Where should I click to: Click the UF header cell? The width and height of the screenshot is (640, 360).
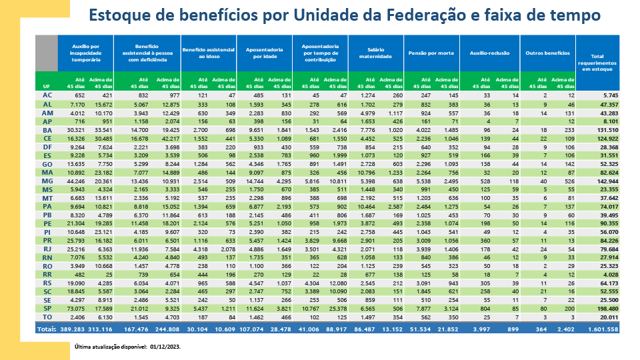point(46,87)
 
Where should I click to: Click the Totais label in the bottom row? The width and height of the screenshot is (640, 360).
point(47,329)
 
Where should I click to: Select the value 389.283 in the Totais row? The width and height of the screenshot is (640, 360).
point(71,329)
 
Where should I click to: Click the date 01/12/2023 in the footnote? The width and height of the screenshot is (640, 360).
point(163,347)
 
